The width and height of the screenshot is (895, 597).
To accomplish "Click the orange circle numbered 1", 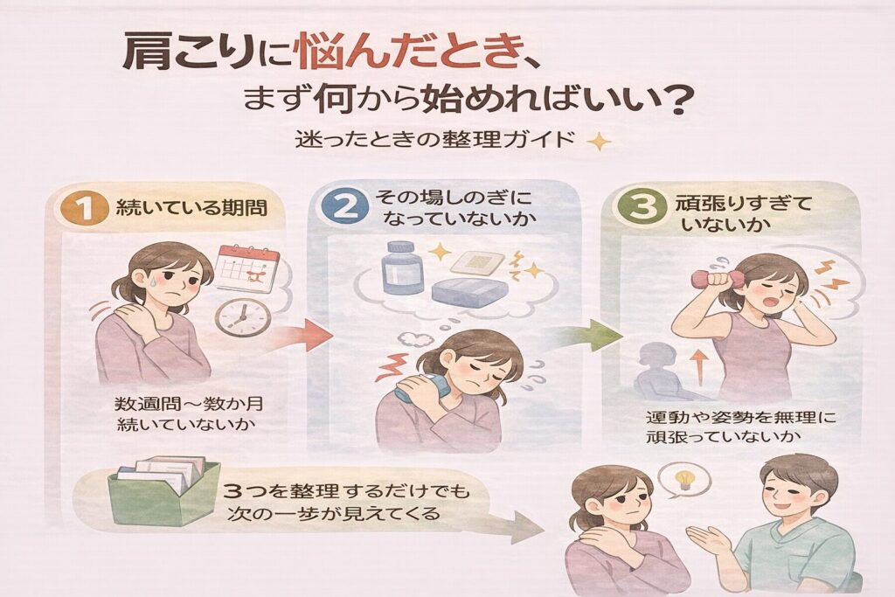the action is tap(85, 208).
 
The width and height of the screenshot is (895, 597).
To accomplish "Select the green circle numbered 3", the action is tap(643, 206).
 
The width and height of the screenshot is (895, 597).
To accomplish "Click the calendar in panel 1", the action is tap(246, 267).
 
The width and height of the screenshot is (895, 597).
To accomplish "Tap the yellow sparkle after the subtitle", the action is tap(599, 141).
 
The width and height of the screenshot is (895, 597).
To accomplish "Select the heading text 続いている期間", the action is tap(191, 208).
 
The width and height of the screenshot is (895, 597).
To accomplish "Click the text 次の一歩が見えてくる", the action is tap(334, 513).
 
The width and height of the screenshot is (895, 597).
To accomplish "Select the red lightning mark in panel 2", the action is tap(392, 368).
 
